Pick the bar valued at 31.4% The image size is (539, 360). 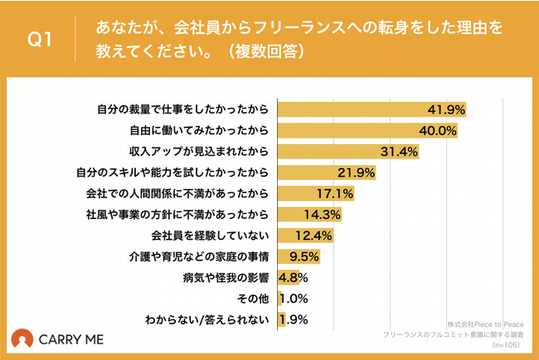pyautogui.click(x=347, y=151)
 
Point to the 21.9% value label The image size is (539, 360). pyautogui.click(x=358, y=173)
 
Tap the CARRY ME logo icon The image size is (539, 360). pyautogui.click(x=22, y=339)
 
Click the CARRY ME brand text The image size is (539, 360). pyautogui.click(x=72, y=340)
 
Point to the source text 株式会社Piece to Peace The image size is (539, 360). pyautogui.click(x=485, y=324)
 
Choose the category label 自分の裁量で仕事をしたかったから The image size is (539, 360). pyautogui.click(x=183, y=109)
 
